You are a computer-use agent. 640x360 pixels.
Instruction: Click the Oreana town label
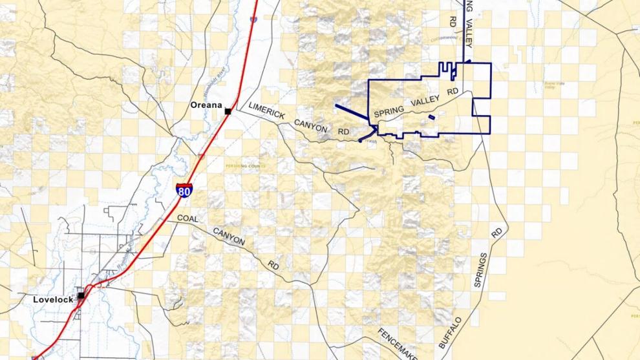206,105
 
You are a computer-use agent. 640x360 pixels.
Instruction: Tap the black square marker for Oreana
228,112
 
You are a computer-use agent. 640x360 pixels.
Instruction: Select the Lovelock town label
53,300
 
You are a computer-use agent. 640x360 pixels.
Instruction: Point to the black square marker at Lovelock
81,295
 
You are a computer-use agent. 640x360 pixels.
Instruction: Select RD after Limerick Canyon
344,132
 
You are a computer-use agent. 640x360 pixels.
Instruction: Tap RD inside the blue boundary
453,91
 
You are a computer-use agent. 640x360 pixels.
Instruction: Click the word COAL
187,218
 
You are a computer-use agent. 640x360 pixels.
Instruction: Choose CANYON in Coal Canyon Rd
229,238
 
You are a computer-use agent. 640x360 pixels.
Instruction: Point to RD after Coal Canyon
273,264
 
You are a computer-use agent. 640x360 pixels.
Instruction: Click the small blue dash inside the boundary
431,118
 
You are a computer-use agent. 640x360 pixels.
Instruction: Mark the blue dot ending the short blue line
360,140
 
